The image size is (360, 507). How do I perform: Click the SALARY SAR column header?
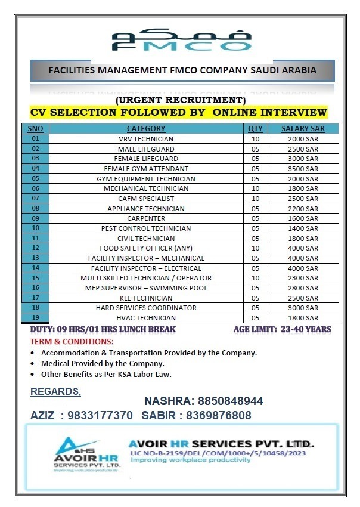click(x=303, y=128)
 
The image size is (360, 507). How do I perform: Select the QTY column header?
click(x=255, y=128)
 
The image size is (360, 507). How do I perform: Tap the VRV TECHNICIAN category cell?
click(x=146, y=138)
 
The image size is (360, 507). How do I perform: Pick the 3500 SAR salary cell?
click(x=303, y=169)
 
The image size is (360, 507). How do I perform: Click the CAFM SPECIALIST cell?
click(x=146, y=199)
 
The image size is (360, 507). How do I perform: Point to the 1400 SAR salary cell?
click(x=303, y=228)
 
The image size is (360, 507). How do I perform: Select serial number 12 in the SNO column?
click(x=36, y=248)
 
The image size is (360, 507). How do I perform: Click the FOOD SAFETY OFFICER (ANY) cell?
click(x=146, y=248)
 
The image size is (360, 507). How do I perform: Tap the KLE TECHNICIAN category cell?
click(x=146, y=298)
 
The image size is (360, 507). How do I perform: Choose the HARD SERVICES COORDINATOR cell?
click(x=146, y=308)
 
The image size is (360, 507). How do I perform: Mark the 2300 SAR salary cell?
click(x=303, y=278)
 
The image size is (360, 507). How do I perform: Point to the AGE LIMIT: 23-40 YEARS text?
click(x=281, y=329)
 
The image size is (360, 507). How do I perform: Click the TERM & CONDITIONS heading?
click(x=72, y=341)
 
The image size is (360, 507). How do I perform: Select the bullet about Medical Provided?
click(x=103, y=363)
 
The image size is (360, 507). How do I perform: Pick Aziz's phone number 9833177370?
click(x=101, y=415)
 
